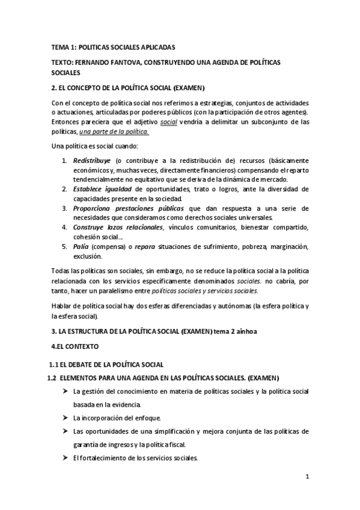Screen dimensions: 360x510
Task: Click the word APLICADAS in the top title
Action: click(156, 46)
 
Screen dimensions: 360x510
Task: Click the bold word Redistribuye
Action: click(92, 161)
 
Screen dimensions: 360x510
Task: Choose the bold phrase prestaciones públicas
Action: click(146, 207)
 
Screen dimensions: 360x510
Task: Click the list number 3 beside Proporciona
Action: click(65, 207)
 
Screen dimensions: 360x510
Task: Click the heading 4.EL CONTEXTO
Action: click(76, 347)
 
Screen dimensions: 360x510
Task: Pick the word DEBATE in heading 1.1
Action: click(82, 365)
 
